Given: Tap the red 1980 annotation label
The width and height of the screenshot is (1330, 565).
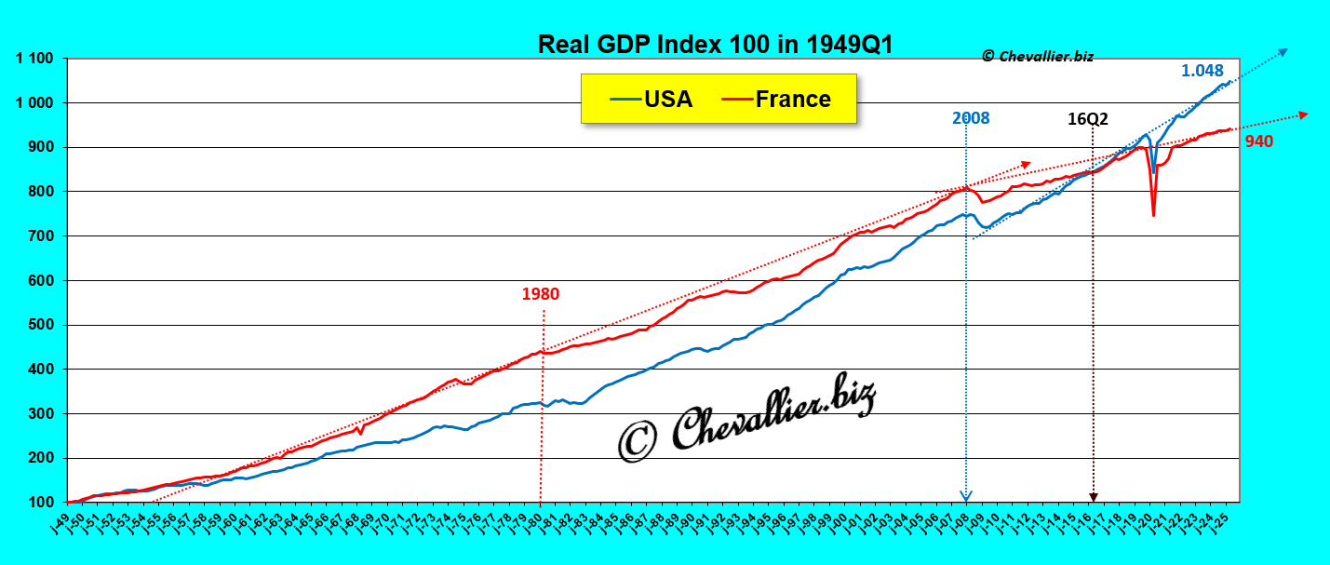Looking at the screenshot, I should point(540,294).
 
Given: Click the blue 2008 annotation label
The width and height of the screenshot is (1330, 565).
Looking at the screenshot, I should point(970,118).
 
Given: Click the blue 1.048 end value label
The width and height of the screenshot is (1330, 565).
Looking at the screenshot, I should point(1204,71).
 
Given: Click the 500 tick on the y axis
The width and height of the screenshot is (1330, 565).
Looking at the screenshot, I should point(43,325).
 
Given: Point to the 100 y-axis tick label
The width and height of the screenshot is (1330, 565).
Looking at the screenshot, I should point(43,503).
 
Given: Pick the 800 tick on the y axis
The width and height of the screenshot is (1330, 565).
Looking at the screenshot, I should point(43,192).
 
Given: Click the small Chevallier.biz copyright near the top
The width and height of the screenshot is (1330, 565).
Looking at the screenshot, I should point(1037,56).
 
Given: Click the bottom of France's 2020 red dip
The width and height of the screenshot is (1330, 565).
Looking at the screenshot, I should point(1153,215).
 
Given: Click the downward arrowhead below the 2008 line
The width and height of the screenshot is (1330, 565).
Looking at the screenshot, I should point(966,496).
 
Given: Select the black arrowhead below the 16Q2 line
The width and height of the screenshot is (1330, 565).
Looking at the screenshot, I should point(1094,497).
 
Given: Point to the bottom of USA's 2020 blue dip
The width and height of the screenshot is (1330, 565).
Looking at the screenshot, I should point(1154,171).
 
